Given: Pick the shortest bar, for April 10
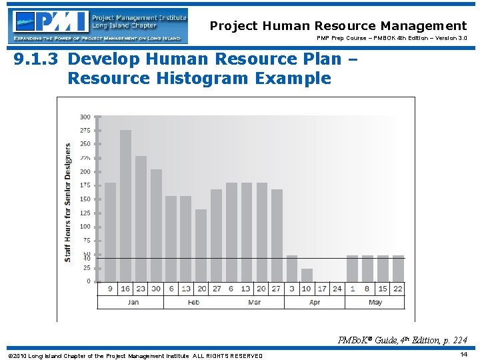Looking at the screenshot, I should coord(307,275).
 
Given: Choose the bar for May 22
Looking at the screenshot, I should coord(398,268).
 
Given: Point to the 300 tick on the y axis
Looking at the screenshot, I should coord(85,117).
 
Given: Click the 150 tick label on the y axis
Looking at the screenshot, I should coord(85,199).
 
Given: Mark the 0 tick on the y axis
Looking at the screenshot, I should coord(88,281).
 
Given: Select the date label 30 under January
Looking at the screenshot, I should coord(156,289).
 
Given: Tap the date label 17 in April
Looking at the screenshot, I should coord(322,289).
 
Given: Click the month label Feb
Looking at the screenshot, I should coord(193,303).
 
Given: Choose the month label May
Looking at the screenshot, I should coord(375,303).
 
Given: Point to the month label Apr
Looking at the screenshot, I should coord(315,303).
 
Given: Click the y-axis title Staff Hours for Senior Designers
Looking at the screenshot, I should coord(68,202).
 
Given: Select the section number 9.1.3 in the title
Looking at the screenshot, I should coord(38,59).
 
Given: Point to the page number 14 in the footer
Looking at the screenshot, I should coord(463,355).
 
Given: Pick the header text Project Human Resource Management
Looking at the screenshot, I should coord(338,26).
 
